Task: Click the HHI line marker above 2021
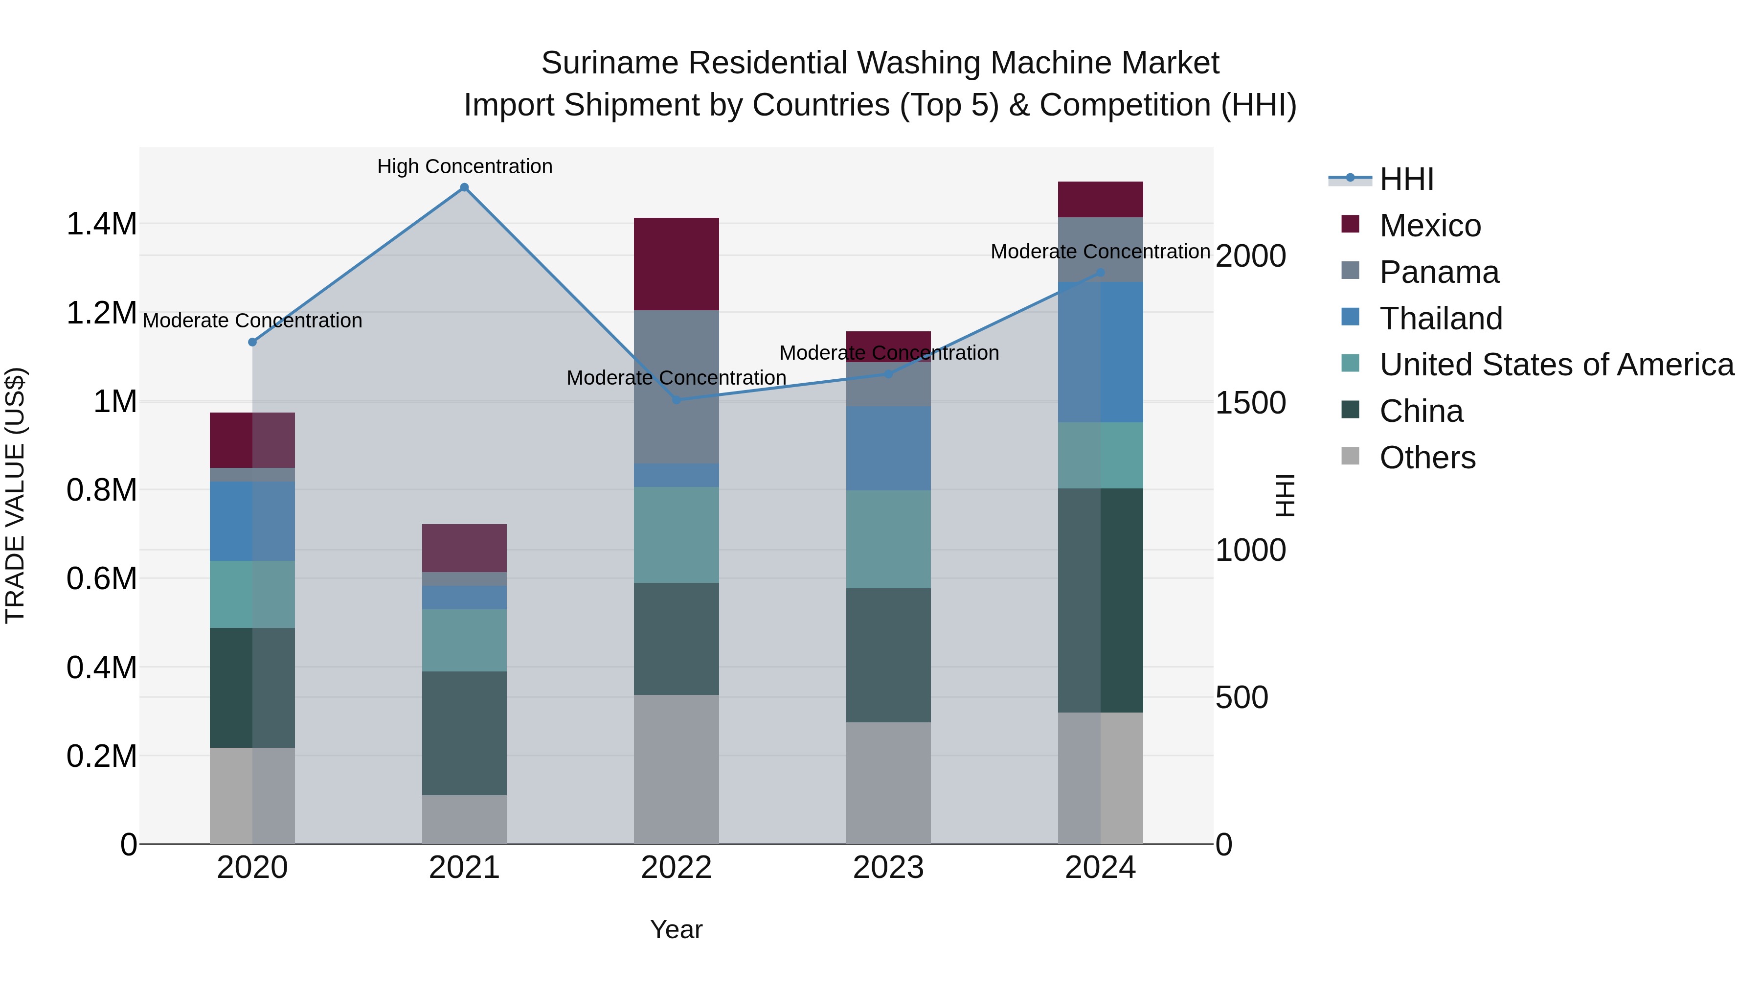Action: (x=464, y=187)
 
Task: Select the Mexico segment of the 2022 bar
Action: (x=676, y=264)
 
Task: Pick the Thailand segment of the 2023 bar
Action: (x=888, y=449)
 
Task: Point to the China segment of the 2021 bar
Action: (x=464, y=733)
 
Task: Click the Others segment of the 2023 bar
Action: (x=888, y=783)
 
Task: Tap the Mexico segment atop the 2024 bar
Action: (x=1100, y=200)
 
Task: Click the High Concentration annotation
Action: (x=465, y=167)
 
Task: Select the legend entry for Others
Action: (x=1427, y=458)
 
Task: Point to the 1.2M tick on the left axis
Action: (x=101, y=313)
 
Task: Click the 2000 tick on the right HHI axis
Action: (x=1251, y=256)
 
